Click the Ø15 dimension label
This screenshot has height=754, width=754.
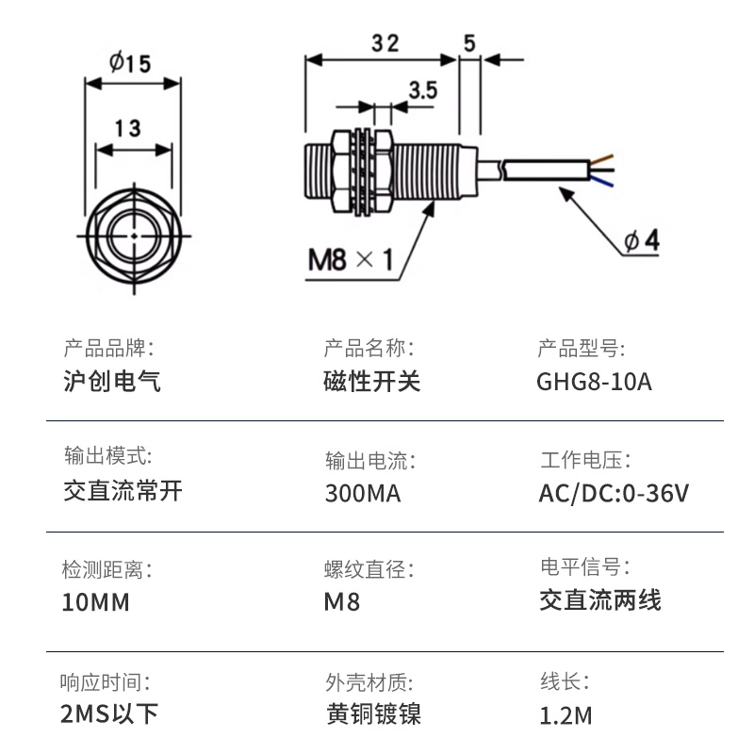tap(131, 63)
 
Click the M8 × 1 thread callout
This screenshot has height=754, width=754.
tap(350, 258)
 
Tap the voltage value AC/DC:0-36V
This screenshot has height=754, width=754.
tap(614, 493)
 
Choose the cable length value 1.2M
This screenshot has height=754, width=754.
tap(565, 715)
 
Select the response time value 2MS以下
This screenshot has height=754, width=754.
tap(109, 714)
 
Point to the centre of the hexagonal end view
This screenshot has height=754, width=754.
tap(133, 234)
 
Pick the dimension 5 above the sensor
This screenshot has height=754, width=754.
tap(469, 41)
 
